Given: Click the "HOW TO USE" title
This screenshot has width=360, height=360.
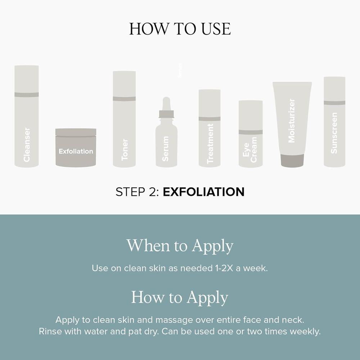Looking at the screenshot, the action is click(x=180, y=29).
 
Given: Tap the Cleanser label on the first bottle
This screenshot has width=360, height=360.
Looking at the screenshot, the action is click(x=27, y=145).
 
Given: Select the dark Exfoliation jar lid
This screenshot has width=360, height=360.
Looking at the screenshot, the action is click(x=76, y=132).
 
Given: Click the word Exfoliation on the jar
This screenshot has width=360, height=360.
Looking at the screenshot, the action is click(x=76, y=151).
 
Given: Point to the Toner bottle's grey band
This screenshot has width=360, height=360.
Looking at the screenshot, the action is click(x=124, y=99).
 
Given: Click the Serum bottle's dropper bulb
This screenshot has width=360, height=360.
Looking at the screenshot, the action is click(x=166, y=104).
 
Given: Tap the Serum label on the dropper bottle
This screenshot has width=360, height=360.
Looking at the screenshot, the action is click(x=165, y=149).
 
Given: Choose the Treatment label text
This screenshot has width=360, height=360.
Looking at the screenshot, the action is click(x=210, y=144).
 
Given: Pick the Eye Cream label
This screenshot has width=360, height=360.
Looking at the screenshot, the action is click(x=250, y=150).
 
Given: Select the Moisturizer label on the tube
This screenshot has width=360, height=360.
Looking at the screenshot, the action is click(x=291, y=121).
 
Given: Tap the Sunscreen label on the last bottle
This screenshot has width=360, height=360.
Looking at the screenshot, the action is click(x=334, y=133).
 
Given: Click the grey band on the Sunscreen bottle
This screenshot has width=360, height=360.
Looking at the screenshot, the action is click(x=334, y=103).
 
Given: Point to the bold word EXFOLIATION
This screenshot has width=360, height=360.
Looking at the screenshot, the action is click(x=203, y=192).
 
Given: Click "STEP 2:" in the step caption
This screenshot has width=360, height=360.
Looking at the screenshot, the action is click(x=137, y=192).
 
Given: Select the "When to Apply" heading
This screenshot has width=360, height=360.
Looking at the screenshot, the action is click(x=180, y=246).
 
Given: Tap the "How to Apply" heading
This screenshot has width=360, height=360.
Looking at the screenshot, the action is click(x=180, y=297).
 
